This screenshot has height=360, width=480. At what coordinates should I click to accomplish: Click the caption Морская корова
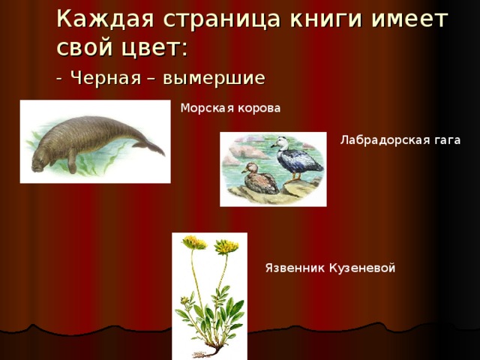point(230,108)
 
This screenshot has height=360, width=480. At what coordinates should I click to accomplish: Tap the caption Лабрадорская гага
point(399,139)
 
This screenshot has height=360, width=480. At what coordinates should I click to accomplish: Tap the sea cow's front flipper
point(71,161)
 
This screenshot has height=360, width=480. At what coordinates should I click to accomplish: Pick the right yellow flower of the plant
point(226,246)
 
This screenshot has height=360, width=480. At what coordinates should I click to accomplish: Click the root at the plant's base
point(212,346)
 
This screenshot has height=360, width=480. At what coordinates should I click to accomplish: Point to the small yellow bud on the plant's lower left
point(184,302)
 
